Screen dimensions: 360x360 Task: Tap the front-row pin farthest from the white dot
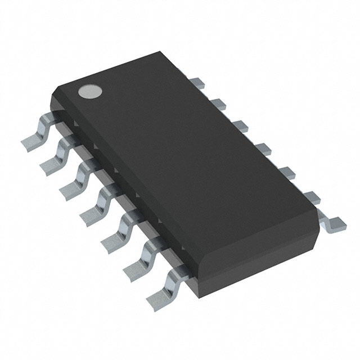pos(160,292)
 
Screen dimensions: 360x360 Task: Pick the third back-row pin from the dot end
pos(240,125)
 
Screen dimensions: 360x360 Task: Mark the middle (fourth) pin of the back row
pos(262,148)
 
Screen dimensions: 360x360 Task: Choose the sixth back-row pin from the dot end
pos(308,196)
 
